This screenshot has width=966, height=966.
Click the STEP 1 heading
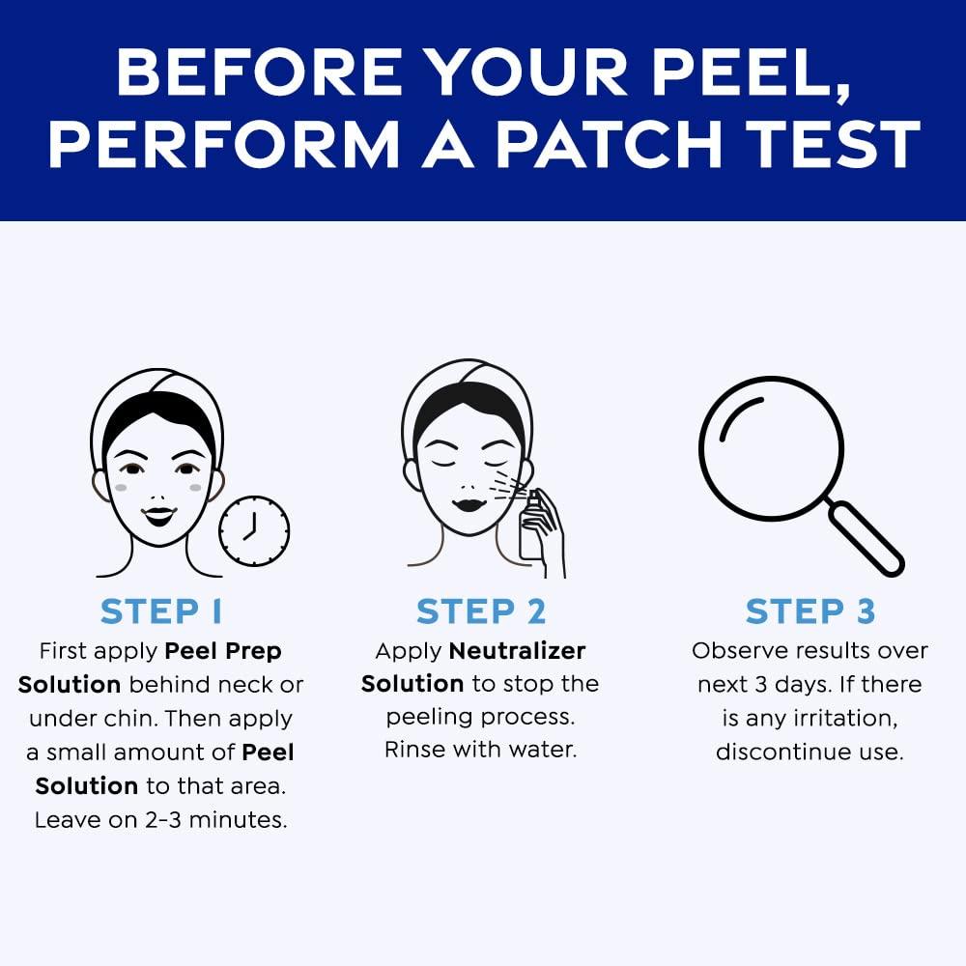point(161,611)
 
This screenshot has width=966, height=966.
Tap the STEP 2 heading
point(481,611)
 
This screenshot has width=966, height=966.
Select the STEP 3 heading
point(810,611)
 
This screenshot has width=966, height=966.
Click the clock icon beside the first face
point(254,531)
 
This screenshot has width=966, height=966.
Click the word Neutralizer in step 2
point(517,650)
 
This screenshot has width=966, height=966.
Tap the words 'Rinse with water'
point(480,750)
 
